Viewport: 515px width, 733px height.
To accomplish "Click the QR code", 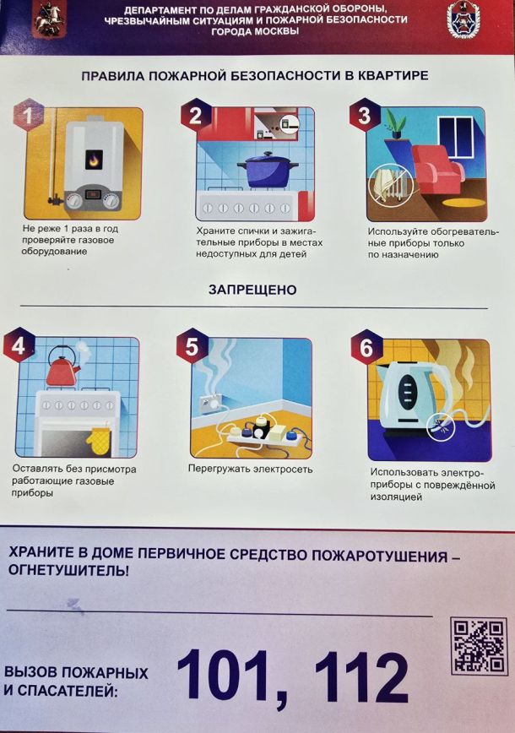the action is tap(479, 645).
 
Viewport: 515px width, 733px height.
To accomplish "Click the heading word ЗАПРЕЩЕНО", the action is tap(252, 290).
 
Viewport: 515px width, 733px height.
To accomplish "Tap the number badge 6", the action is tap(366, 347).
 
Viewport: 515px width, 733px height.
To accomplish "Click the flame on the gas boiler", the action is tap(94, 160).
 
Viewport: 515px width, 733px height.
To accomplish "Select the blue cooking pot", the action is tap(268, 170).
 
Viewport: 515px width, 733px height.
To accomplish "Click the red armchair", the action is tap(437, 169).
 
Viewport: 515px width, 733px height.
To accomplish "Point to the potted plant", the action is tap(396, 123).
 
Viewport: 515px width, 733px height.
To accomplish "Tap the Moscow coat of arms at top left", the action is tap(50, 19).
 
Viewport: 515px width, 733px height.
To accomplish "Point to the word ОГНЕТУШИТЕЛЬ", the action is tap(68, 571).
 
